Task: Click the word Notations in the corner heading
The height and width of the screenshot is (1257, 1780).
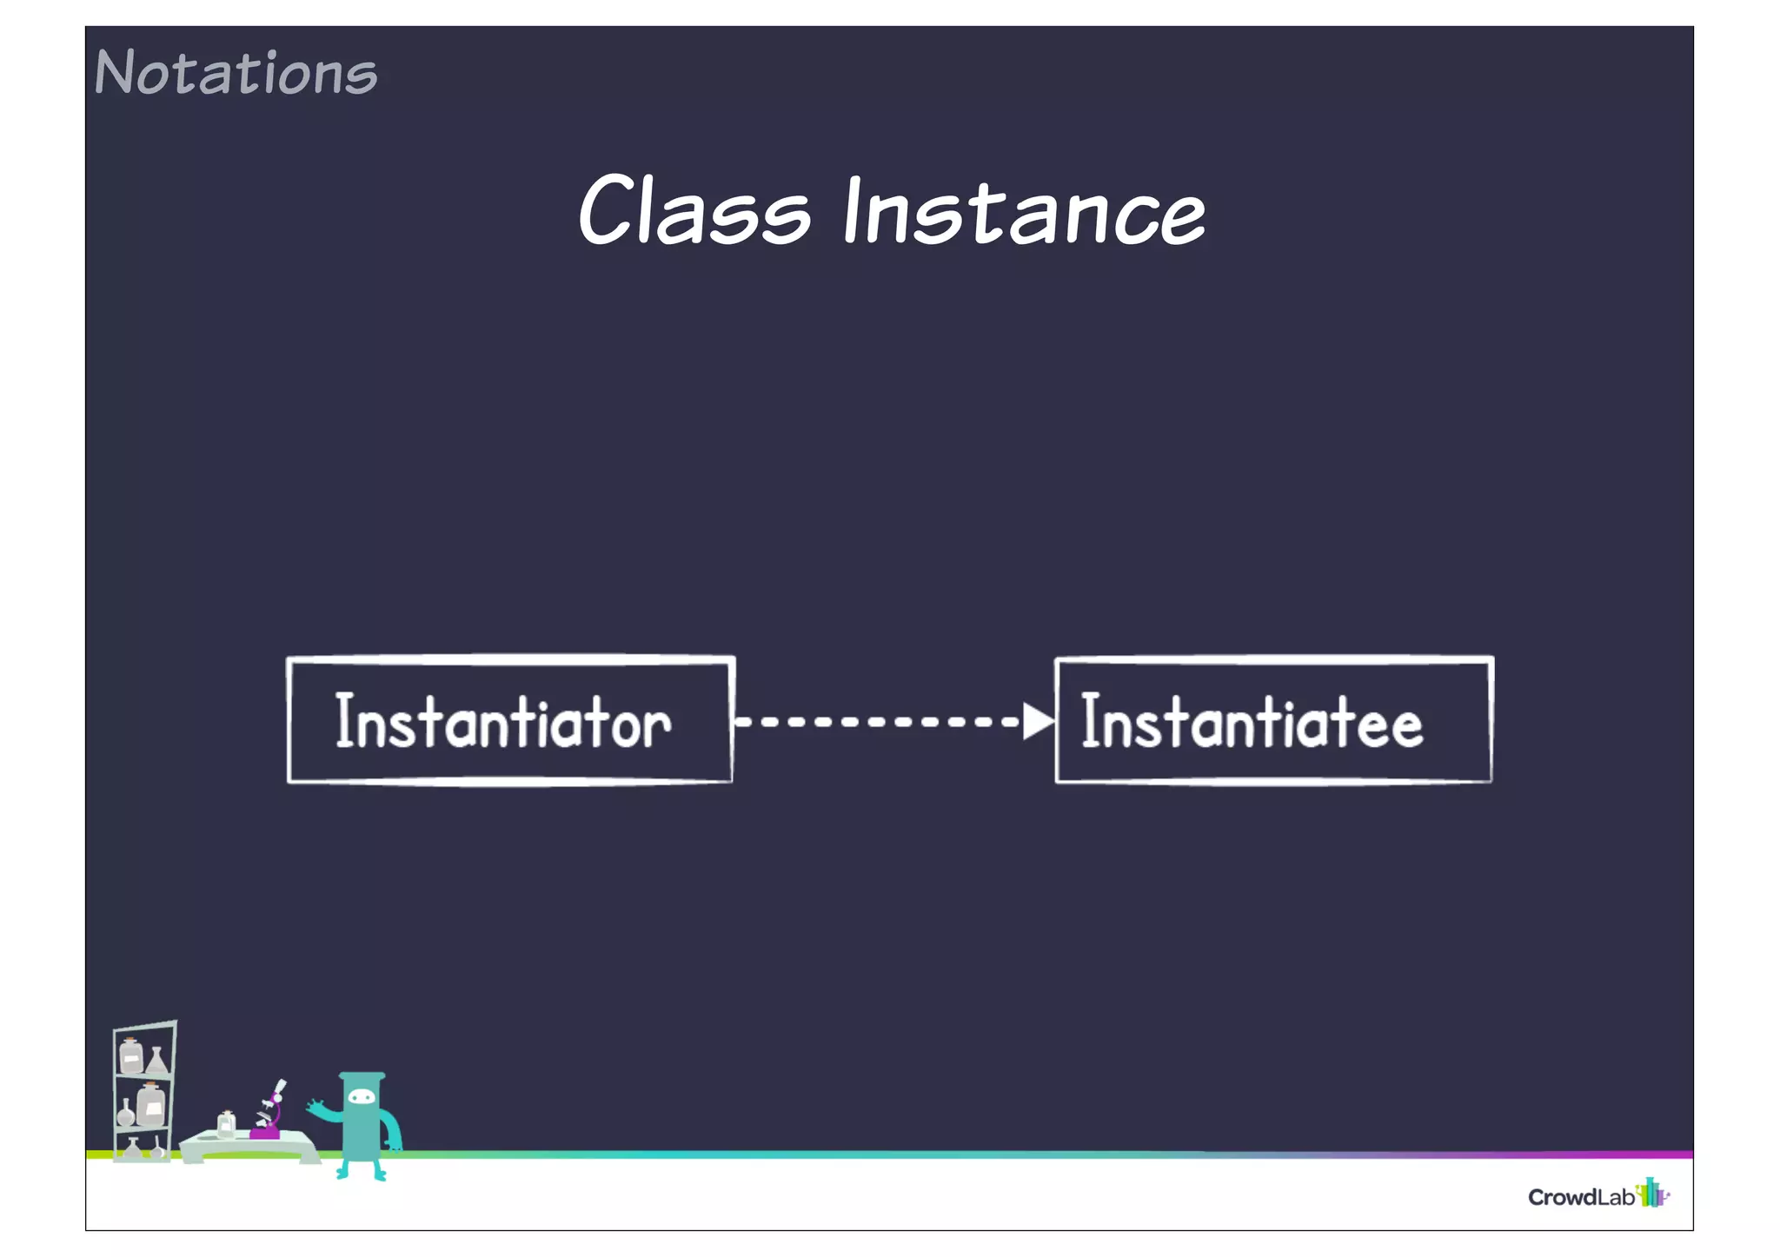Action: pos(236,73)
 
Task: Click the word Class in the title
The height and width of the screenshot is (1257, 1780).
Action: pos(694,210)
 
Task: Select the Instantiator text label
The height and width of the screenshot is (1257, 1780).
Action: pos(502,721)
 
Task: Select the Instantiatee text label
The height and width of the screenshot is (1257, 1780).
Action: pos(1252,721)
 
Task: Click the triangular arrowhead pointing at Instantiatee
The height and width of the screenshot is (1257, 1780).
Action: pos(1037,721)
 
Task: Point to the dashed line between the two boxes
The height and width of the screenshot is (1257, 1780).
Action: pos(878,721)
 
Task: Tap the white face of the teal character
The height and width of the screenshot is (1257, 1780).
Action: pos(362,1097)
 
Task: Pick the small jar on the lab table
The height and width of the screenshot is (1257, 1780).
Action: pos(226,1126)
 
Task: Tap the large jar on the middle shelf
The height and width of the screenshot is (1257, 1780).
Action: pos(150,1106)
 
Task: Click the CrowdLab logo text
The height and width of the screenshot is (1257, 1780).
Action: pos(1581,1197)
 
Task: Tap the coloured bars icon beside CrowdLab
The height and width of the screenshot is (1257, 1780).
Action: pos(1652,1194)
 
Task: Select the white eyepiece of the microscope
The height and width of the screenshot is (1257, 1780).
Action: pos(280,1087)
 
